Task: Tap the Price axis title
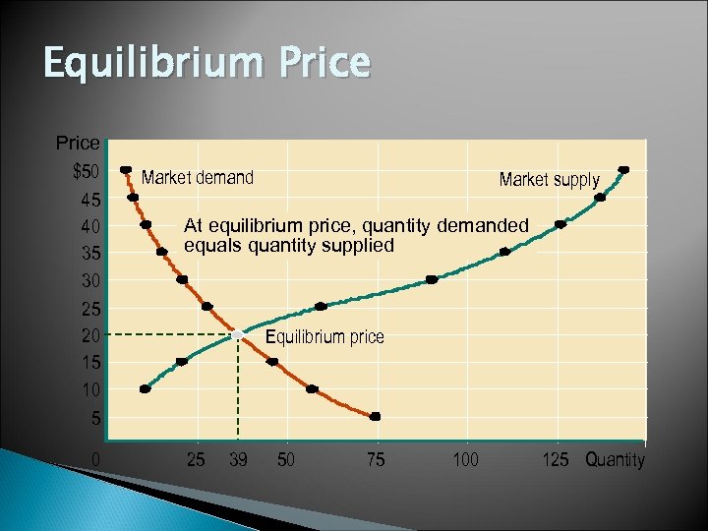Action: click(x=78, y=144)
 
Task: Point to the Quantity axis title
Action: click(x=615, y=460)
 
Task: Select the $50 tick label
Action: click(x=86, y=172)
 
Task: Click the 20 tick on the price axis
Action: click(x=89, y=335)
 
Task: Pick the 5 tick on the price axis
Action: click(x=94, y=417)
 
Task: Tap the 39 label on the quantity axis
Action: click(x=238, y=459)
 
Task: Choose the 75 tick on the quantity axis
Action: click(x=376, y=459)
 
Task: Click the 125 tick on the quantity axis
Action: click(x=557, y=459)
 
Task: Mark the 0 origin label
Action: click(x=95, y=459)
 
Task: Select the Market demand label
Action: click(x=198, y=178)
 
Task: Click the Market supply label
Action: click(x=549, y=180)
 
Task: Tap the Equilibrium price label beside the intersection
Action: click(x=325, y=337)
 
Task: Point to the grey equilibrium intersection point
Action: click(x=238, y=335)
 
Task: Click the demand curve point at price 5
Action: click(x=375, y=417)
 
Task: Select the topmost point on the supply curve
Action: click(x=623, y=170)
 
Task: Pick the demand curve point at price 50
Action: click(x=125, y=170)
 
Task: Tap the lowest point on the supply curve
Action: click(x=146, y=389)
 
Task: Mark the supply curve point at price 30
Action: click(x=432, y=280)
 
